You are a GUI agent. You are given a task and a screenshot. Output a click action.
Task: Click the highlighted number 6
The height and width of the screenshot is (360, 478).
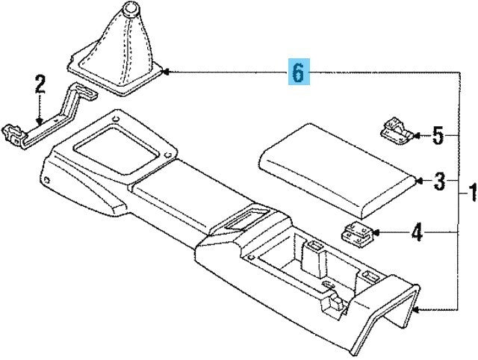[x=297, y=73]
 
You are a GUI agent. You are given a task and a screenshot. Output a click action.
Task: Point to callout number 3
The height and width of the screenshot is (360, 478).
[x=441, y=181]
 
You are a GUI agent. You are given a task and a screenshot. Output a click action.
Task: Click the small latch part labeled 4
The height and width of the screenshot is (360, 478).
[x=358, y=234]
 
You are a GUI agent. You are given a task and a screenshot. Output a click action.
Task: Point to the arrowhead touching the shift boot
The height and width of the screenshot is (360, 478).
[x=167, y=72]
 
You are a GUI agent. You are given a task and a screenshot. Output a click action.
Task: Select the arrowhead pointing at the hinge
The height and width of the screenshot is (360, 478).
[x=416, y=136]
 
